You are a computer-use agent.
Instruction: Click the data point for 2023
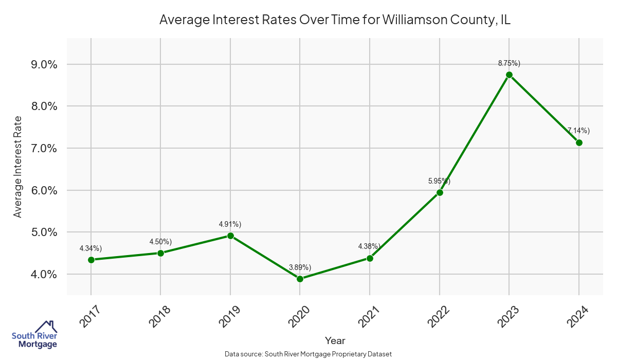click(509, 75)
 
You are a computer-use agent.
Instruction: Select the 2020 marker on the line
click(300, 279)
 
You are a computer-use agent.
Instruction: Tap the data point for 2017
click(91, 260)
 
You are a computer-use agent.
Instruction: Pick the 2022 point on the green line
click(440, 192)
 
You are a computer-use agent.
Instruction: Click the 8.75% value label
click(509, 63)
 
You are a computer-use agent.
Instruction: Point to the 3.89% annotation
click(300, 267)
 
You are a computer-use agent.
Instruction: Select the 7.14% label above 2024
click(578, 131)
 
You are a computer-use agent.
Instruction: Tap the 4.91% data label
click(230, 224)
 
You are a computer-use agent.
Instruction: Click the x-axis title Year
click(335, 340)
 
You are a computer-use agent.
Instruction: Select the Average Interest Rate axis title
click(18, 166)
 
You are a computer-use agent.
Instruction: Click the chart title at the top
click(335, 20)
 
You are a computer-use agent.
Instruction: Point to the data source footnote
click(308, 354)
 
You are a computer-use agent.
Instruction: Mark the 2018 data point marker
click(160, 253)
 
